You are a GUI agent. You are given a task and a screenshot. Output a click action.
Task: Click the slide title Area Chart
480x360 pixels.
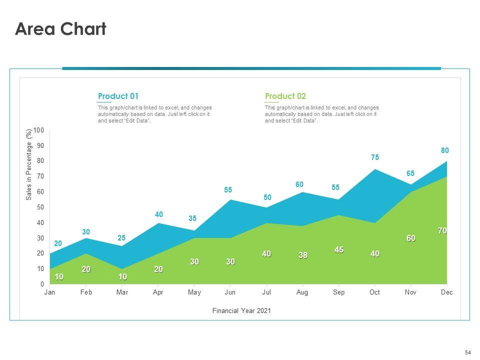(60, 29)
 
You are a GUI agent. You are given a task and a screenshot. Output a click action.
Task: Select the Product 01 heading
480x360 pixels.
(118, 96)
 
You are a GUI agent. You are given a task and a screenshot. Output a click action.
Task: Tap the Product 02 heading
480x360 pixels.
(285, 96)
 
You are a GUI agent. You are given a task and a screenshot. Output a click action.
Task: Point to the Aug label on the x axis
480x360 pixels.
(302, 292)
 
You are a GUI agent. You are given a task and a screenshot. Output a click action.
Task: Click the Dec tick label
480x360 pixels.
(446, 292)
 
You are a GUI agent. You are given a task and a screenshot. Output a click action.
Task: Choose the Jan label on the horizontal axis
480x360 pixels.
(49, 292)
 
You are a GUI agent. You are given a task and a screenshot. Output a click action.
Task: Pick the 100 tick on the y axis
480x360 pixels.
(39, 130)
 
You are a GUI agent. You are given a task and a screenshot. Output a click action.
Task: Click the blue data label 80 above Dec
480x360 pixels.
(445, 150)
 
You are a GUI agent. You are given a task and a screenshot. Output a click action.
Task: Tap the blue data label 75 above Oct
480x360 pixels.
(375, 157)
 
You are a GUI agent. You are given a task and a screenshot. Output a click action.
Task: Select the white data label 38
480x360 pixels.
(302, 255)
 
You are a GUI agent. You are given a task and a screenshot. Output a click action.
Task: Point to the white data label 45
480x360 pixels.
(339, 249)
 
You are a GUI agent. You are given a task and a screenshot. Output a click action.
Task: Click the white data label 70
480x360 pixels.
(442, 230)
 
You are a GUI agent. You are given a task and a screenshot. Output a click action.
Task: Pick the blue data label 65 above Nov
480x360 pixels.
(410, 173)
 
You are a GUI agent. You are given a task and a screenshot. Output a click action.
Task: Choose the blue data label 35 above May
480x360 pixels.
(193, 218)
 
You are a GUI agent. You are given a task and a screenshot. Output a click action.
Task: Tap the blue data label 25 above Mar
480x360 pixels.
(121, 238)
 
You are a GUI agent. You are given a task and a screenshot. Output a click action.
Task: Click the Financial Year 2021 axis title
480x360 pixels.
(241, 310)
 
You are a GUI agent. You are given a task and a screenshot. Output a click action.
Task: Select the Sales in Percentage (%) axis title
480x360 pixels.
(29, 165)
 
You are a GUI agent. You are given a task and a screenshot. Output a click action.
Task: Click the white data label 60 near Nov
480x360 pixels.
(410, 238)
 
